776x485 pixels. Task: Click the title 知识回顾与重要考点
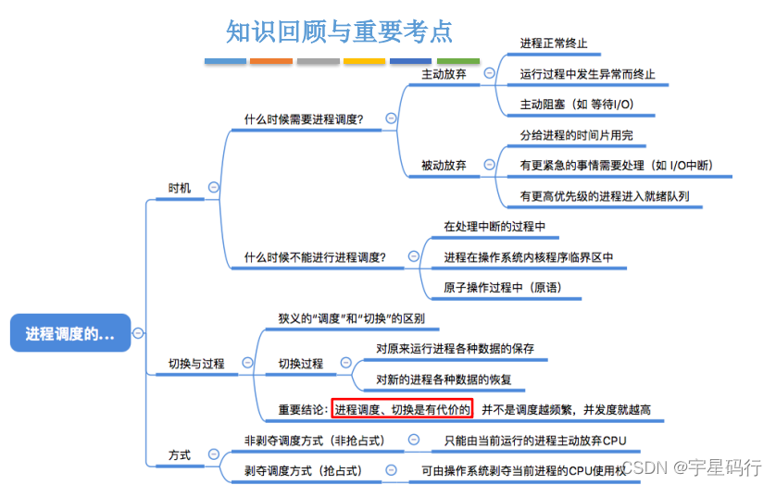(x=340, y=31)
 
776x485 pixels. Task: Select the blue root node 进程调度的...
(x=70, y=333)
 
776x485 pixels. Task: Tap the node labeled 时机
(x=180, y=187)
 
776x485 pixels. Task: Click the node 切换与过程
(x=195, y=364)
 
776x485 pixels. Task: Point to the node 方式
(x=180, y=455)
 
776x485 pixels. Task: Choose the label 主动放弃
(x=444, y=73)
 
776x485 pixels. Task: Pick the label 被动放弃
(x=444, y=166)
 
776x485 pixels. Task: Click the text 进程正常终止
(x=554, y=44)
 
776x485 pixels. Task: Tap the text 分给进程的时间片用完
(x=576, y=135)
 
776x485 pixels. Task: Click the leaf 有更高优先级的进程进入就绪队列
(x=604, y=196)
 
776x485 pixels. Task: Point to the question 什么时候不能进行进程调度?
(x=314, y=257)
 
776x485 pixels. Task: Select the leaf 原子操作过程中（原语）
(x=502, y=287)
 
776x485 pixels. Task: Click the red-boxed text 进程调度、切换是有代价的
(x=402, y=409)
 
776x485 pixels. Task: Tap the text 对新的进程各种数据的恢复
(x=444, y=379)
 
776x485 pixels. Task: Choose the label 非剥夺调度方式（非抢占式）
(x=314, y=441)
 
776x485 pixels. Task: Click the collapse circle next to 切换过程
(x=344, y=364)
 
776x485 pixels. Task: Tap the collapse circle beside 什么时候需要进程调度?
(x=391, y=118)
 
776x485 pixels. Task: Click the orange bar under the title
(x=271, y=62)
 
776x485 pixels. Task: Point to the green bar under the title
(x=457, y=62)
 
